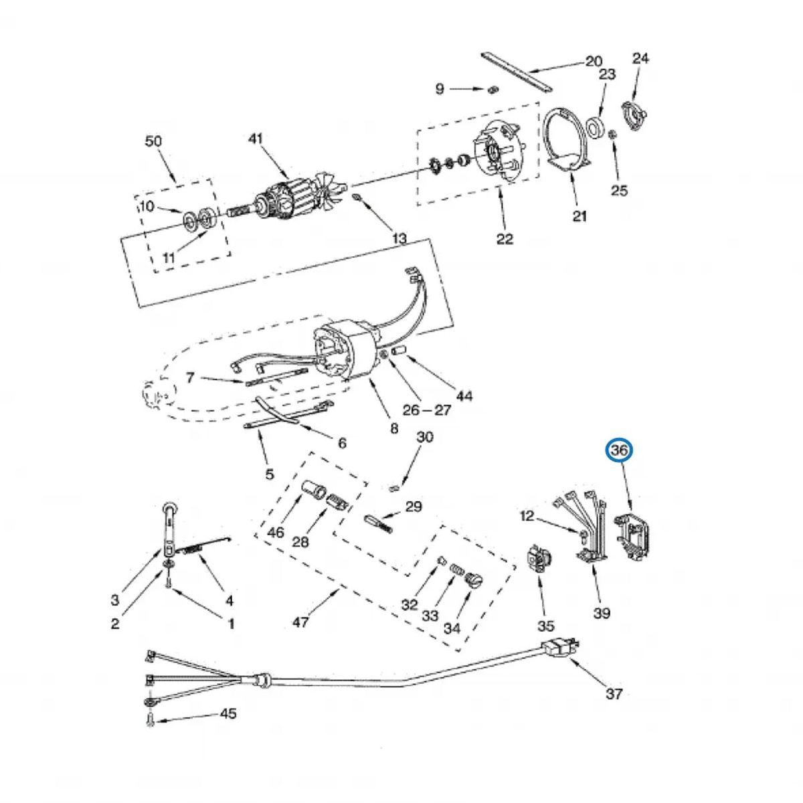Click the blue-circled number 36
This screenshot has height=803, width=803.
pyautogui.click(x=620, y=451)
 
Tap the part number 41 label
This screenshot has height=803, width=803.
pyautogui.click(x=255, y=139)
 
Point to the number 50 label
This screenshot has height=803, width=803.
pyautogui.click(x=153, y=141)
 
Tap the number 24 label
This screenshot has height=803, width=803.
pyautogui.click(x=640, y=58)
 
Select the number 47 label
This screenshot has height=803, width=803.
pyautogui.click(x=300, y=622)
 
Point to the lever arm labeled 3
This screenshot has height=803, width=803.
pyautogui.click(x=170, y=529)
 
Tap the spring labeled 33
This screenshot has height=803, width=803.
pyautogui.click(x=457, y=571)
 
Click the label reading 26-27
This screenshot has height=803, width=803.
pyautogui.click(x=427, y=410)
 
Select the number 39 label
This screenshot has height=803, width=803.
pyautogui.click(x=602, y=612)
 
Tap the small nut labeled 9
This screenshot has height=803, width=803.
pyautogui.click(x=492, y=90)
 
